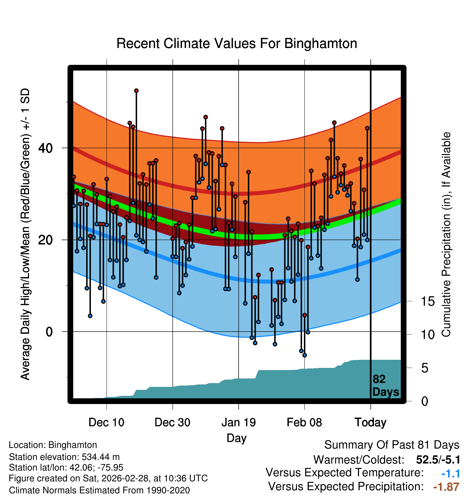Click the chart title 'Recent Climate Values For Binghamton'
click(x=237, y=43)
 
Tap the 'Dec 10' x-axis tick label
click(x=106, y=422)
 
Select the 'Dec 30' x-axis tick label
click(x=172, y=422)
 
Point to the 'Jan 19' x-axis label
click(x=239, y=422)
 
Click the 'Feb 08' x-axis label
click(x=304, y=422)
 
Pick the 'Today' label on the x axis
click(x=370, y=422)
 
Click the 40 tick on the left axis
click(x=46, y=148)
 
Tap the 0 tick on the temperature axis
click(x=49, y=332)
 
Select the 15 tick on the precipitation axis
click(x=428, y=301)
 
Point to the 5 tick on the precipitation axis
click(x=425, y=368)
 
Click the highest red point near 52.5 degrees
click(x=136, y=91)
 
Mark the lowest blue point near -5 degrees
click(x=305, y=355)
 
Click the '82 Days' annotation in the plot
click(x=385, y=386)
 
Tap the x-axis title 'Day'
click(x=236, y=438)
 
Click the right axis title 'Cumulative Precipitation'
click(x=446, y=235)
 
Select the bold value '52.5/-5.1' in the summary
click(x=438, y=460)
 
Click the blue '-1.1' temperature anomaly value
click(x=450, y=473)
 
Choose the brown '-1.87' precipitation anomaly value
click(x=446, y=487)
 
